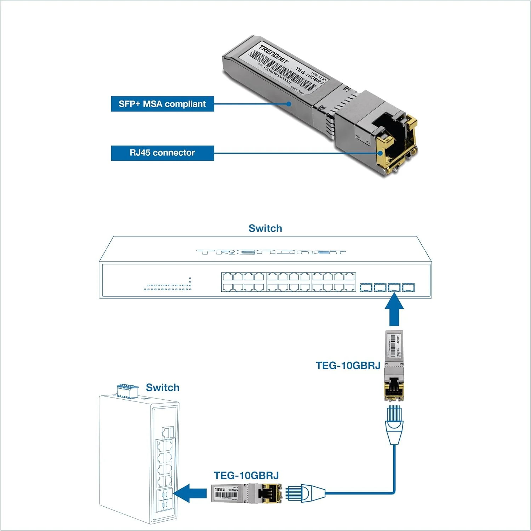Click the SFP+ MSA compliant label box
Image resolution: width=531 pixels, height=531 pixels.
point(162,104)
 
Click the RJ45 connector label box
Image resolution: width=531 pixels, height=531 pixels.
point(162,153)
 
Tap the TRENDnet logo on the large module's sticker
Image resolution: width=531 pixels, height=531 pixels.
point(273,54)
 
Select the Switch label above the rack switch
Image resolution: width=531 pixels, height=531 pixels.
point(265,228)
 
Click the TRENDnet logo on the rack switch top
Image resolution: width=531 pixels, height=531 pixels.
point(271,252)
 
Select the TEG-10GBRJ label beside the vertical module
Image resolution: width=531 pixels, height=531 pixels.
point(348,366)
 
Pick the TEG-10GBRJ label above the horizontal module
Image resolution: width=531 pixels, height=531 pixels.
point(246,475)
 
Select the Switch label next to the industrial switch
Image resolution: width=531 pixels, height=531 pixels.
point(162,388)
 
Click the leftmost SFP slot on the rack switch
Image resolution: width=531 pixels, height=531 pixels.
point(366,287)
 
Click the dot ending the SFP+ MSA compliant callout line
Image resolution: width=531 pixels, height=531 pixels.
point(289,104)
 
